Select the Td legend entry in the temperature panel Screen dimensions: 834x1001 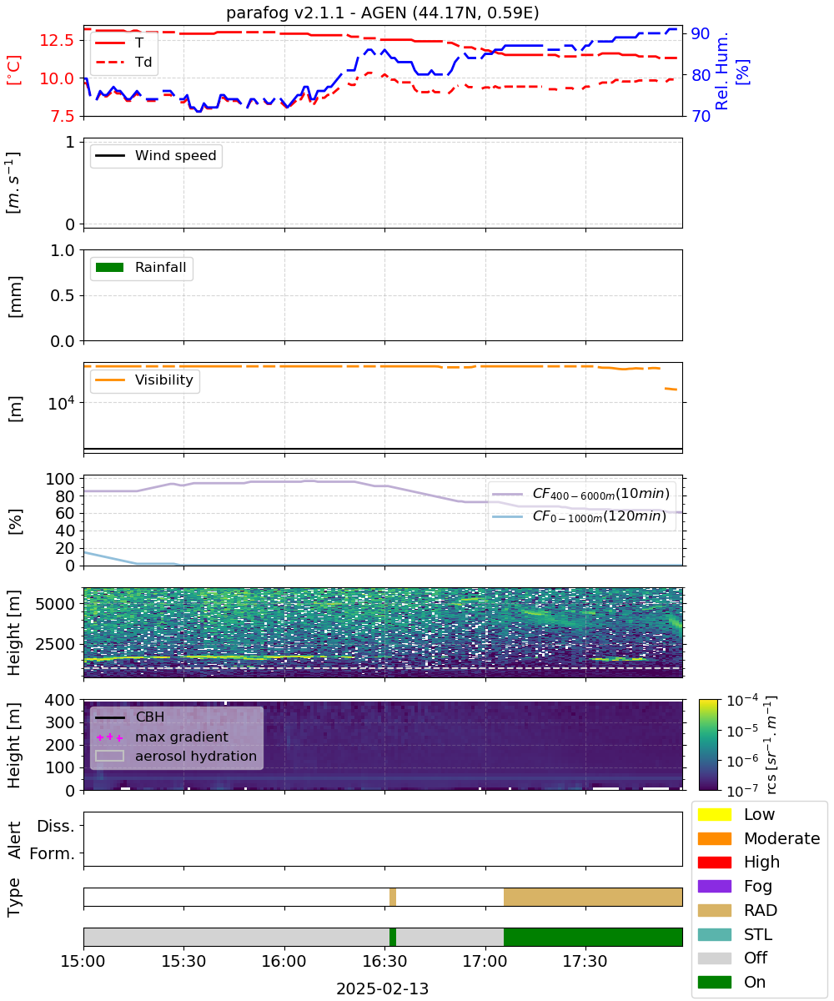coord(123,62)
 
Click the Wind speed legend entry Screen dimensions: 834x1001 coord(156,155)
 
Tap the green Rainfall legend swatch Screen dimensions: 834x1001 coord(110,267)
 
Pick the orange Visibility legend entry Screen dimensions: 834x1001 coord(143,380)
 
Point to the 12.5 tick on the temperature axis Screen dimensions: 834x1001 coord(57,40)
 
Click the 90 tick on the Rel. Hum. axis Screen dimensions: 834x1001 coord(701,33)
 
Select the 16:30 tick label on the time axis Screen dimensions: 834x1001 coord(384,960)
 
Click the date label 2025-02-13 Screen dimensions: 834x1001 coord(382,988)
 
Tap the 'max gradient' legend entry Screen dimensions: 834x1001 coord(162,737)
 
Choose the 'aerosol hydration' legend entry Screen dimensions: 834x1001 coord(176,756)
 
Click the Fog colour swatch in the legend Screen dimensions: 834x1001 coord(714,886)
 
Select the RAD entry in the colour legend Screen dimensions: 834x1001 coord(737,910)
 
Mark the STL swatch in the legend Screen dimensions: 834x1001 coord(714,934)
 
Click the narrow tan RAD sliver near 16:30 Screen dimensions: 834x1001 coord(393,897)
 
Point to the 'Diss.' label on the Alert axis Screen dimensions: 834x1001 coord(56,826)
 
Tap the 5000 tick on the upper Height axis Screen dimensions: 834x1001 coord(55,604)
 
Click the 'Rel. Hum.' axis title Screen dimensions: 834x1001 coord(721,71)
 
